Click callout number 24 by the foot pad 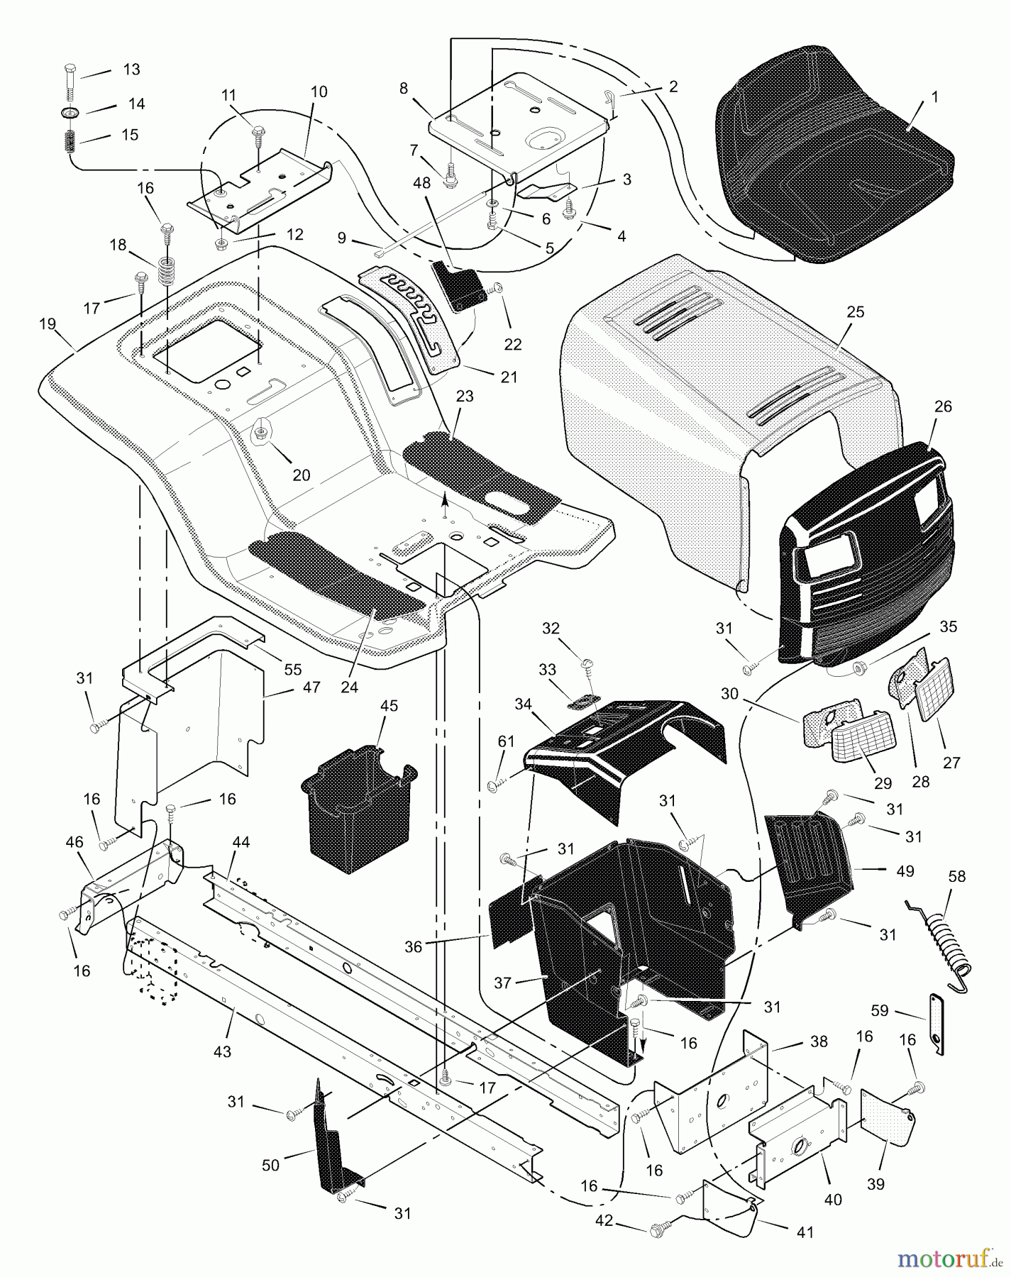point(349,686)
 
